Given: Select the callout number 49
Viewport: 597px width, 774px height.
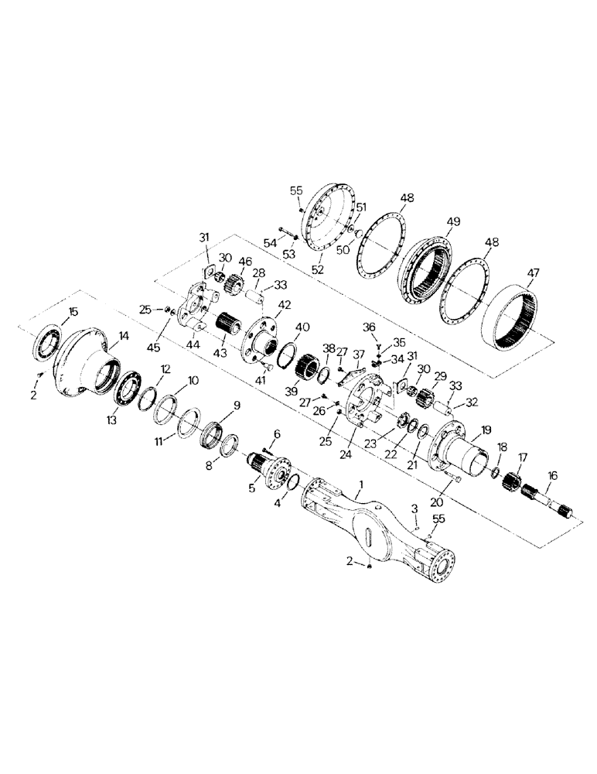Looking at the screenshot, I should (x=453, y=221).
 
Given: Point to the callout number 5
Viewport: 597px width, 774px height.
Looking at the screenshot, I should (x=252, y=488).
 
